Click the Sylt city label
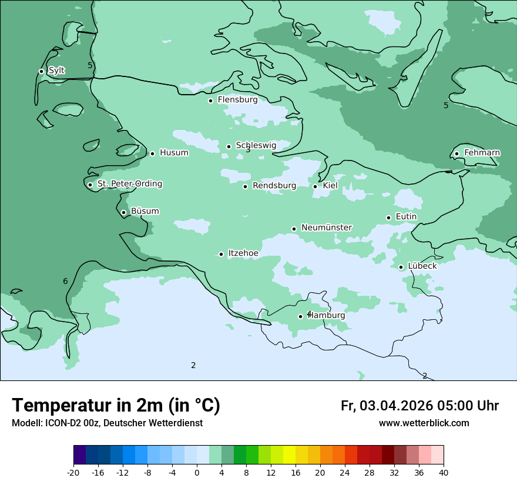coord(56,71)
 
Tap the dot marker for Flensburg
coord(210,101)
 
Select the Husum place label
coord(174,153)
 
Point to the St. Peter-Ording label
coord(129,184)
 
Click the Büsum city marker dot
coord(123,212)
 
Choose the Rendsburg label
coord(274,186)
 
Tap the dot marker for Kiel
coord(315,186)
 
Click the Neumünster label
coord(326,228)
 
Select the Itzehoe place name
coord(243,253)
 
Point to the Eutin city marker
coord(388,218)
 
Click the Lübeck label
coord(422,266)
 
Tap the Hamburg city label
coord(327,316)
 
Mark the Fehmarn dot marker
coord(456,153)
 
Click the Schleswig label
coord(256,145)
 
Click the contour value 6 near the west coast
coord(65,281)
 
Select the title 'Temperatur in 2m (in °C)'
coord(116,406)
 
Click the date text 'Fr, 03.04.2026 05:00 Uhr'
coord(419,406)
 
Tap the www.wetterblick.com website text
coord(424,423)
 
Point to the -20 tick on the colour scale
coord(73,472)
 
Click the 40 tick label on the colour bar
coord(444,472)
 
